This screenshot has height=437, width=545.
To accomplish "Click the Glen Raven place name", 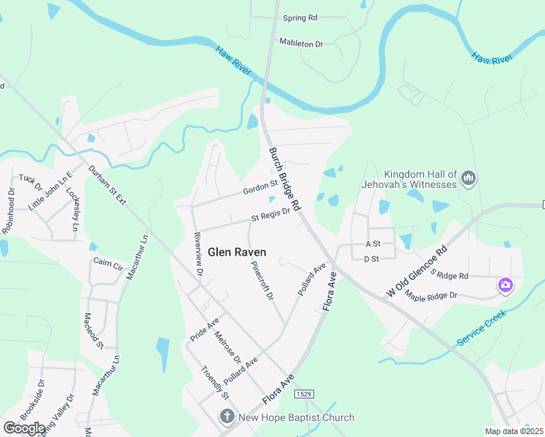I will pyautogui.click(x=237, y=252).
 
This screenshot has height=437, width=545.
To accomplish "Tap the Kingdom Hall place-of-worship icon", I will pyautogui.click(x=469, y=177).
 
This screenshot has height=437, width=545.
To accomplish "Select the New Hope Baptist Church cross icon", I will pyautogui.click(x=227, y=417).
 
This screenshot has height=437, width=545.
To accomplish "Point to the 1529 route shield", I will pyautogui.click(x=305, y=394).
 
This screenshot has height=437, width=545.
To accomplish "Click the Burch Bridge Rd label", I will pyautogui.click(x=285, y=178).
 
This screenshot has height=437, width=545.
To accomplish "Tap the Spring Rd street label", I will pyautogui.click(x=300, y=17).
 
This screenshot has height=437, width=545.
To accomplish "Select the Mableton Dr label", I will pyautogui.click(x=301, y=44).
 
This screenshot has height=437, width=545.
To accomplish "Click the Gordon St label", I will pyautogui.click(x=261, y=188).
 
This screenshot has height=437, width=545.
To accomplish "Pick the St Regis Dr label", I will pyautogui.click(x=271, y=214).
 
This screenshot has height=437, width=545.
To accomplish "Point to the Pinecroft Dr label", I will pyautogui.click(x=262, y=281).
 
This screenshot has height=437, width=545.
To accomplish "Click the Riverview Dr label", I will pyautogui.click(x=197, y=253).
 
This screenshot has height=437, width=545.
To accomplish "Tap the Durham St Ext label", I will pyautogui.click(x=107, y=184).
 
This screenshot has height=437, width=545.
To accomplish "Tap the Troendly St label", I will pyautogui.click(x=214, y=382).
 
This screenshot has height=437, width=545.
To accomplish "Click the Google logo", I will pyautogui.click(x=25, y=428).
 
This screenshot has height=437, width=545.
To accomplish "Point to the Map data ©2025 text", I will pyautogui.click(x=513, y=431).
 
